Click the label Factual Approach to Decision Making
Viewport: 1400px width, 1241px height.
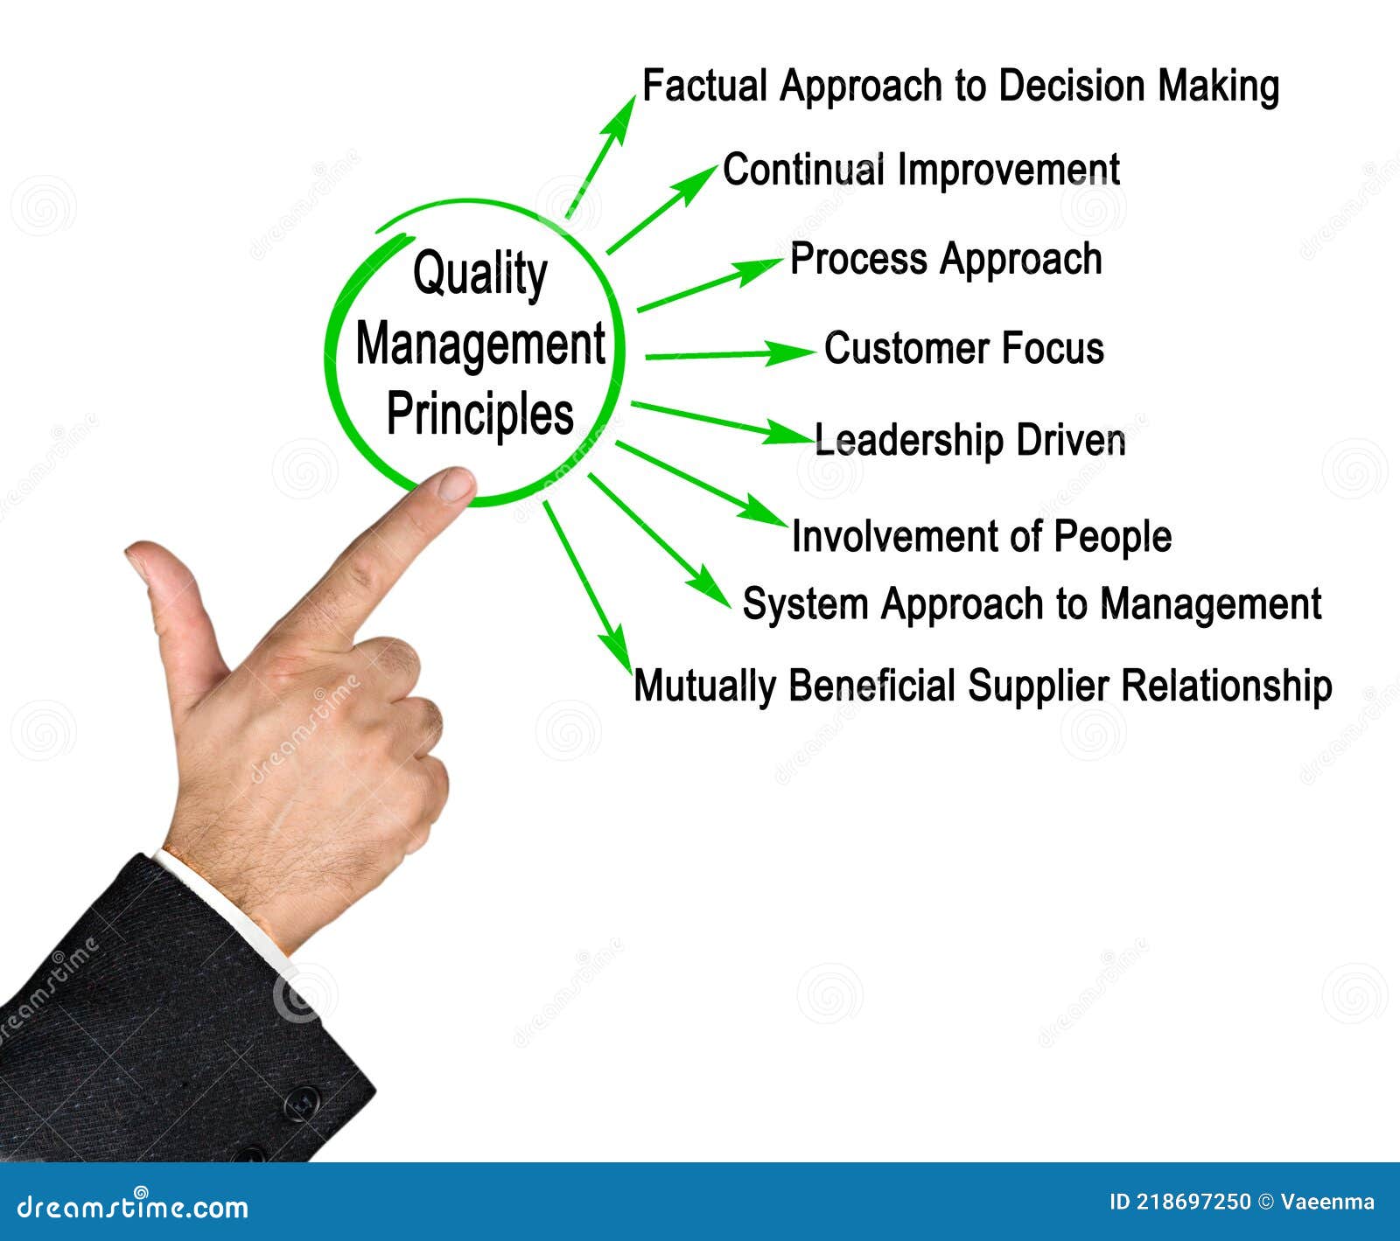960,87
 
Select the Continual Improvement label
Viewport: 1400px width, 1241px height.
920,170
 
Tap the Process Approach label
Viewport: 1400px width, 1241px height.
945,260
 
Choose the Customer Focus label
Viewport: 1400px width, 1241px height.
963,348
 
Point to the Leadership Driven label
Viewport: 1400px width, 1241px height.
969,440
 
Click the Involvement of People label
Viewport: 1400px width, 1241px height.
981,536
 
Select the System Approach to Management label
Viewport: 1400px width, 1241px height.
1031,604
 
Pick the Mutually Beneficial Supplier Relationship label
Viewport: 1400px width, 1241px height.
982,686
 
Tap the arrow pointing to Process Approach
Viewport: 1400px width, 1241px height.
709,284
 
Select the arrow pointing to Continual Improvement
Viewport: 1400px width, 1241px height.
661,210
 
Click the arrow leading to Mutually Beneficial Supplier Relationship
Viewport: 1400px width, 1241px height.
586,582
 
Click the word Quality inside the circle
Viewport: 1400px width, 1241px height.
479,275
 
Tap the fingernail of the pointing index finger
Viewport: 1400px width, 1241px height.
454,485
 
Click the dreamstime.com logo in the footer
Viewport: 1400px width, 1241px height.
133,1208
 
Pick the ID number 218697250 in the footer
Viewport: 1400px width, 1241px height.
1193,1203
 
